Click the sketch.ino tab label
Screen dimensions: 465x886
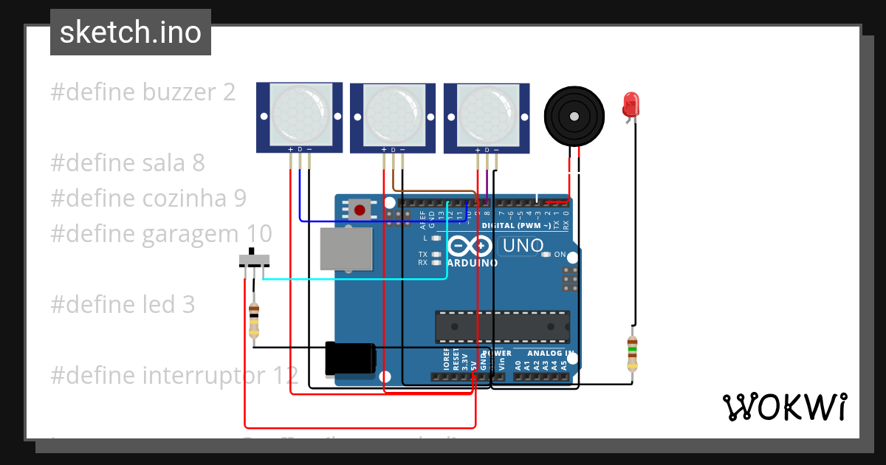pyautogui.click(x=131, y=32)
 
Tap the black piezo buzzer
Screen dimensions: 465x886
pyautogui.click(x=574, y=115)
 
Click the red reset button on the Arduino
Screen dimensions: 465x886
pyautogui.click(x=360, y=210)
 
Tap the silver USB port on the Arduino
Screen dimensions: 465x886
pyautogui.click(x=346, y=248)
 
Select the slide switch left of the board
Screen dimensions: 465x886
pyautogui.click(x=255, y=261)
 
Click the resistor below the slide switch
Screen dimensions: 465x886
pyautogui.click(x=254, y=321)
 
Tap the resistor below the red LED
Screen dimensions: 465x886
pyautogui.click(x=632, y=354)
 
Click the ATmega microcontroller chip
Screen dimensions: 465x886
pyautogui.click(x=502, y=327)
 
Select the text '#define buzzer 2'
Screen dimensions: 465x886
pyautogui.click(x=143, y=92)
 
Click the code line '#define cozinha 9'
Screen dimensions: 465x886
pyautogui.click(x=148, y=198)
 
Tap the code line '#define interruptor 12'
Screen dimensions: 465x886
pyautogui.click(x=174, y=375)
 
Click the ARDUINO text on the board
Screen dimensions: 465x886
pyautogui.click(x=473, y=263)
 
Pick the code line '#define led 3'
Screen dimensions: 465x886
pyautogui.click(x=123, y=304)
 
